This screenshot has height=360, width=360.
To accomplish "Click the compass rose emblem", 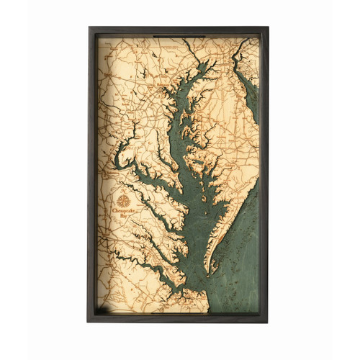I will pyautogui.click(x=125, y=201).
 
